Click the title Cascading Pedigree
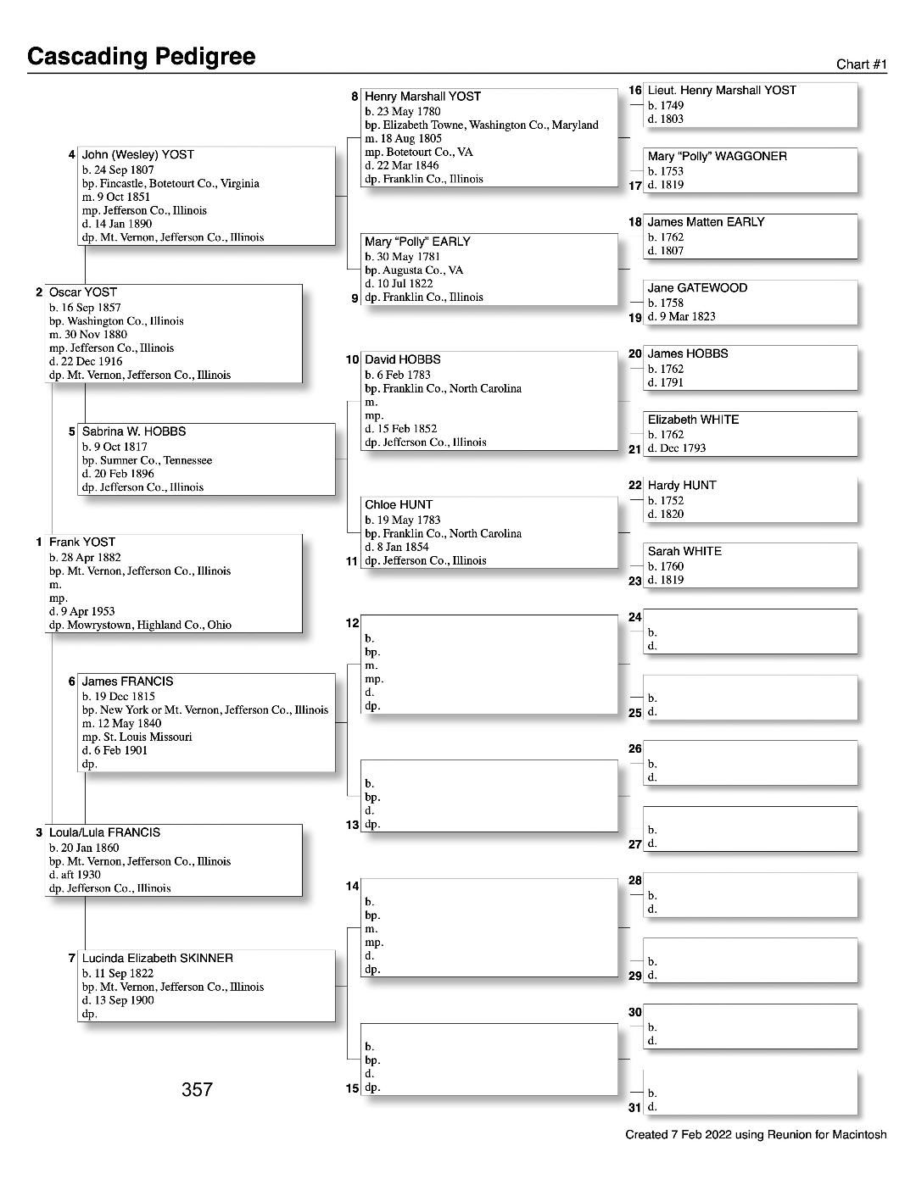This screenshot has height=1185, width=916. (x=141, y=57)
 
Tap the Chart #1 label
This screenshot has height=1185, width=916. (x=861, y=64)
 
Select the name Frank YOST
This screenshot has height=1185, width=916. (x=82, y=542)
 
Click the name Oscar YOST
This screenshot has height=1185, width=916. (x=83, y=292)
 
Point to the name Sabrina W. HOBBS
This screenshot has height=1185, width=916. (x=134, y=431)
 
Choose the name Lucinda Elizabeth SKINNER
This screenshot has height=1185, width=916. (x=158, y=959)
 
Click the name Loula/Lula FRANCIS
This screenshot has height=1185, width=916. (x=104, y=833)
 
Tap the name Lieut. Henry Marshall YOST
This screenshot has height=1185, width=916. (x=722, y=91)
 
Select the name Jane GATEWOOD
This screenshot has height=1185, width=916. (x=697, y=288)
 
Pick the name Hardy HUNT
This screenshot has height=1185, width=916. (x=682, y=486)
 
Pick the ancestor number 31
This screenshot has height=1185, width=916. (x=634, y=1108)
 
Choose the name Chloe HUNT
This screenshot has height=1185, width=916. (x=399, y=505)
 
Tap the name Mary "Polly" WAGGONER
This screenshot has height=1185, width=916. (x=717, y=157)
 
